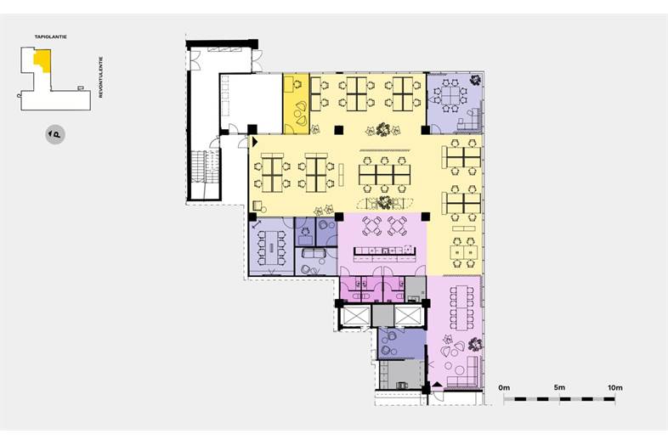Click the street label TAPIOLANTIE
tap(51, 37)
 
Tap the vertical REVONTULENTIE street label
tap(101, 77)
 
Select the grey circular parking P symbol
tap(55, 134)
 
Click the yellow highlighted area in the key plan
tap(43, 60)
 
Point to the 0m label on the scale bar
tap(504, 387)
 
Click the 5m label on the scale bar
tap(559, 387)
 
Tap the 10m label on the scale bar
tap(615, 387)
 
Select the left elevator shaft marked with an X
tap(354, 316)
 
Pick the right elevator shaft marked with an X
tap(407, 316)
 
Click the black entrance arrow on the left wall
tap(255, 142)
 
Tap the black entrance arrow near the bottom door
tap(437, 384)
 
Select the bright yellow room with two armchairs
tap(297, 104)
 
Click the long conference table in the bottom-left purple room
tap(271, 248)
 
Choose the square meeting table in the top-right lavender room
tap(451, 95)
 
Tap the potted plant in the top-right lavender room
tap(475, 80)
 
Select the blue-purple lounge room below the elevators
tap(402, 344)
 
